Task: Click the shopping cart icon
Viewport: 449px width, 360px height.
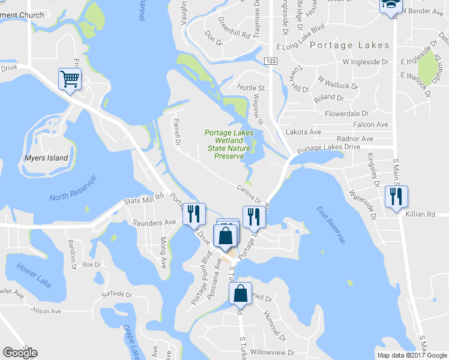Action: tap(70, 79)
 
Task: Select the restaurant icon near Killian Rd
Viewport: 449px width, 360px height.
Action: tap(396, 196)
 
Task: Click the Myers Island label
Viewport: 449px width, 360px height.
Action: tap(47, 158)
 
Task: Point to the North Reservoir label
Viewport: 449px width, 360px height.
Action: tap(73, 190)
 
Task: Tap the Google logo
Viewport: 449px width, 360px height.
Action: tap(20, 353)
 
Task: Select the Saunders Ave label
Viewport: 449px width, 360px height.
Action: tap(153, 222)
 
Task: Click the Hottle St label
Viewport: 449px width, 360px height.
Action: tap(251, 88)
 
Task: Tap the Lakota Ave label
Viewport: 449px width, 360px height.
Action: tap(303, 132)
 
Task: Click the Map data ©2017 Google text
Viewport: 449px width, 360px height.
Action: tap(411, 355)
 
